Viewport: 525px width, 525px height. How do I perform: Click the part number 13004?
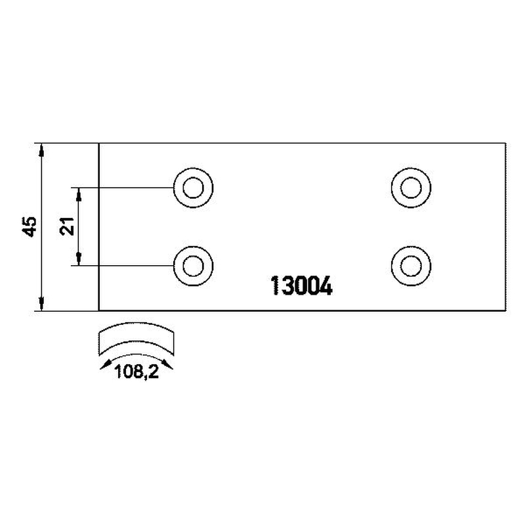pyautogui.click(x=301, y=285)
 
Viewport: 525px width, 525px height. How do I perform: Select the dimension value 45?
pyautogui.click(x=30, y=227)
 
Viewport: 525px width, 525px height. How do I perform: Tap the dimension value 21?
pyautogui.click(x=67, y=226)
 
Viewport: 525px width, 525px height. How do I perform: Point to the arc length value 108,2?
pyautogui.click(x=136, y=371)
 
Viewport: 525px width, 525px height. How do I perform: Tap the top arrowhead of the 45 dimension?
pyautogui.click(x=41, y=150)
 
